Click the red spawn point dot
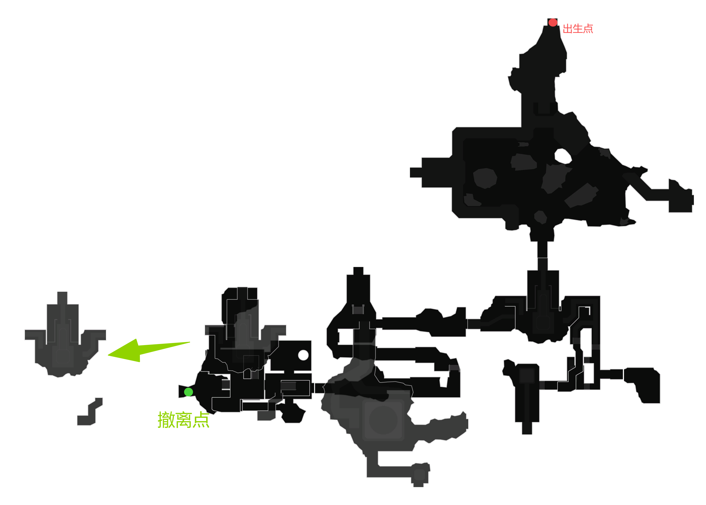point(553,22)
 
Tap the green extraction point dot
point(188,392)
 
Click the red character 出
point(568,29)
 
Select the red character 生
point(578,29)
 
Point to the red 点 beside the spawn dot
point(588,29)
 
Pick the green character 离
point(184,420)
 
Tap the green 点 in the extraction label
point(201,420)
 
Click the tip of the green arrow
point(109,355)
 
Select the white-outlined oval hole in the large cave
point(563,156)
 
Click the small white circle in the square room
point(303,355)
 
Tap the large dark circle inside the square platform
point(383,420)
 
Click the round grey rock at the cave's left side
point(485,178)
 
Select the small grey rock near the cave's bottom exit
point(541,217)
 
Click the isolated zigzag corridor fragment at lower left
point(90,412)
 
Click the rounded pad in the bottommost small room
point(419,475)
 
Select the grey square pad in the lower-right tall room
point(527,376)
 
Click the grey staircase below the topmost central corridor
point(358,310)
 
